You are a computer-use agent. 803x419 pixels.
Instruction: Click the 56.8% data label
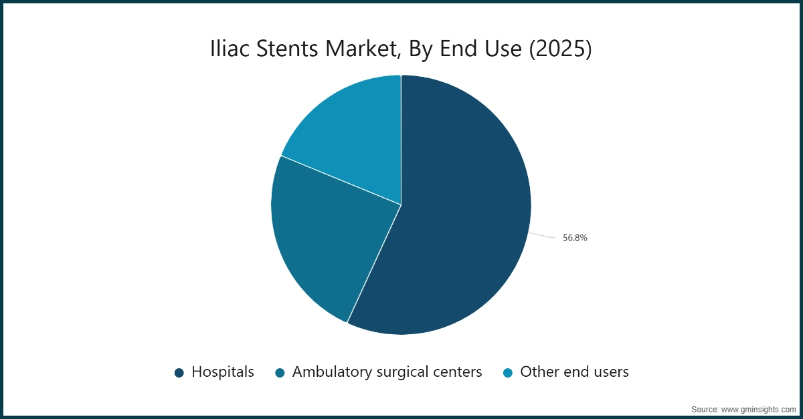[x=575, y=237]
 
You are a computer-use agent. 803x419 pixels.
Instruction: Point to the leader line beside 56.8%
[x=542, y=235]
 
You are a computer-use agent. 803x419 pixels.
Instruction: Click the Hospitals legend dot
[x=179, y=373]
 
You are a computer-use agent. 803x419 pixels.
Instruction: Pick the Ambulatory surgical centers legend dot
[x=280, y=373]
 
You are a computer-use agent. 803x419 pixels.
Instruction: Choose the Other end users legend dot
[x=508, y=373]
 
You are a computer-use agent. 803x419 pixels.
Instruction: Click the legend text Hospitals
[x=223, y=372]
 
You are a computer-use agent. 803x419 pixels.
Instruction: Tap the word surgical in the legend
[x=397, y=372]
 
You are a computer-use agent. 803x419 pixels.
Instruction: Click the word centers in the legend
[x=457, y=372]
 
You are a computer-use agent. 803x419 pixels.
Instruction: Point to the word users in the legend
[x=610, y=372]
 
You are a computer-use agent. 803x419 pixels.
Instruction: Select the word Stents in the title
[x=283, y=50]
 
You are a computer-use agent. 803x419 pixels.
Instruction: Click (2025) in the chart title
[x=560, y=50]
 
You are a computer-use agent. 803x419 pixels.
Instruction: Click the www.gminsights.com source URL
[x=760, y=409]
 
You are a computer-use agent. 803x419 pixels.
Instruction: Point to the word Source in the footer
[x=705, y=409]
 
